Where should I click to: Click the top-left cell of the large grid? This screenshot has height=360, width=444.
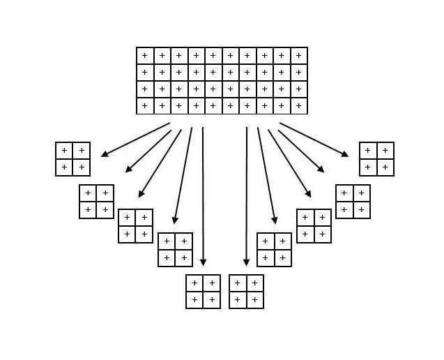(x=145, y=56)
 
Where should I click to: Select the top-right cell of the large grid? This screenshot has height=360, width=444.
(x=299, y=56)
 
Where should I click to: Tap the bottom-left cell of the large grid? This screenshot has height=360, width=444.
(x=145, y=106)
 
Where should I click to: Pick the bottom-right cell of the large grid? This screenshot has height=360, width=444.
(x=299, y=106)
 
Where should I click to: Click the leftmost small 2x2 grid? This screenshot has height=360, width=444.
(x=73, y=159)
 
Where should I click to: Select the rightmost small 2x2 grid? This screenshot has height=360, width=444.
(x=376, y=159)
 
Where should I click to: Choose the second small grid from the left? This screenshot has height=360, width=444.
(x=96, y=202)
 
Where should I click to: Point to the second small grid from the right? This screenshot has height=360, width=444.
(x=353, y=202)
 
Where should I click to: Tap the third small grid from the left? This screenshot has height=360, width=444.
(x=135, y=226)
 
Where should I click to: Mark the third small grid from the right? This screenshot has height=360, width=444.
(x=314, y=226)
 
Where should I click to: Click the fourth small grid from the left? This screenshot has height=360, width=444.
(x=175, y=250)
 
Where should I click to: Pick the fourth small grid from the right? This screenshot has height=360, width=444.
(x=274, y=250)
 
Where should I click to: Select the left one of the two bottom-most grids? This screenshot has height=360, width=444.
(x=203, y=292)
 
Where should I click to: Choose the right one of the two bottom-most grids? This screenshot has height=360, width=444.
(x=246, y=292)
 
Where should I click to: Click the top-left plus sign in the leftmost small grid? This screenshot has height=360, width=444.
(x=64, y=151)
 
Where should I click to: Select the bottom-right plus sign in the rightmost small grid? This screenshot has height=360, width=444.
(x=385, y=167)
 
